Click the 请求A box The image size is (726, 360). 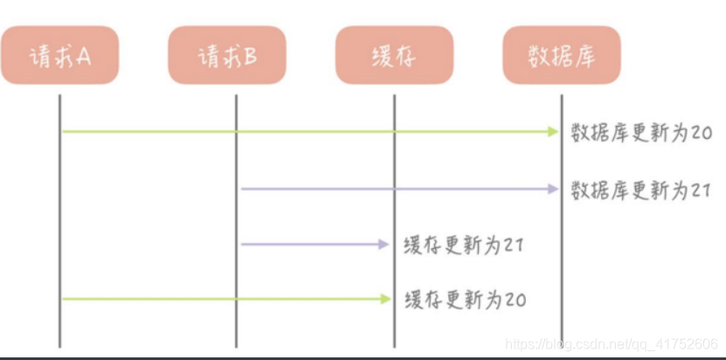click(x=59, y=55)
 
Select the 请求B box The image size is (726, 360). click(x=227, y=55)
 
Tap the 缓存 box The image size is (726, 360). click(x=394, y=55)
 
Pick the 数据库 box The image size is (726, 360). click(x=561, y=55)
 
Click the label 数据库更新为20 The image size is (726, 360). click(x=641, y=133)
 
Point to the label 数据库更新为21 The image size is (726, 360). click(x=641, y=190)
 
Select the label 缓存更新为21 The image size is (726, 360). click(x=464, y=245)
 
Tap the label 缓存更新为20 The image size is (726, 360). click(x=465, y=300)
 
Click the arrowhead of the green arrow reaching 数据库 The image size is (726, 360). click(x=553, y=132)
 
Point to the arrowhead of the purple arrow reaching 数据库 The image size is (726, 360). click(x=553, y=189)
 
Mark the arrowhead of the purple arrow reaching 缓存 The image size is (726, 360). click(x=384, y=245)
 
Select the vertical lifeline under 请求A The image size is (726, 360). click(x=60, y=218)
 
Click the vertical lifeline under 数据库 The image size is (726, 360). click(x=562, y=262)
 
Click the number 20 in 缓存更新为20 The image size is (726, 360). click(x=515, y=300)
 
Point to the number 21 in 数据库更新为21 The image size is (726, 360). click(x=702, y=190)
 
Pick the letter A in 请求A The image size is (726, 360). click(x=84, y=55)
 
